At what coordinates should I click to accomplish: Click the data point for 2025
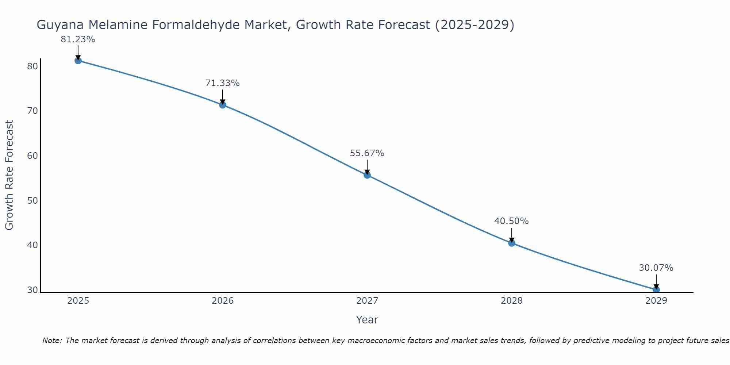pyautogui.click(x=78, y=61)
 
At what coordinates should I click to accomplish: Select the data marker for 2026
pyautogui.click(x=223, y=105)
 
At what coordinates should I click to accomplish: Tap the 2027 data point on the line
pyautogui.click(x=367, y=175)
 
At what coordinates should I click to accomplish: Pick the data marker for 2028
pyautogui.click(x=512, y=243)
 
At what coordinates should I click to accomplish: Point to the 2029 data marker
pyautogui.click(x=656, y=290)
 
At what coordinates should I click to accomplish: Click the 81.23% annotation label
pyautogui.click(x=78, y=39)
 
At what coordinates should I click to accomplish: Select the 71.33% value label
pyautogui.click(x=222, y=83)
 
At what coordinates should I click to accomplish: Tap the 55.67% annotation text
pyautogui.click(x=367, y=153)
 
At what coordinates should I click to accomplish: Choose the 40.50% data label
pyautogui.click(x=511, y=221)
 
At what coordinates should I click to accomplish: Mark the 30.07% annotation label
pyautogui.click(x=656, y=268)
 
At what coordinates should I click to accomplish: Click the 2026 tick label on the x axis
pyautogui.click(x=223, y=301)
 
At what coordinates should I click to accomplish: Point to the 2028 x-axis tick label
pyautogui.click(x=512, y=301)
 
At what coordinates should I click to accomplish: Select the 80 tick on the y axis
pyautogui.click(x=32, y=66)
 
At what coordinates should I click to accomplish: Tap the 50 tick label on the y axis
pyautogui.click(x=32, y=201)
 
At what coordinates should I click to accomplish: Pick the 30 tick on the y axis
pyautogui.click(x=32, y=290)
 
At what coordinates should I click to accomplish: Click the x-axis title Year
pyautogui.click(x=367, y=320)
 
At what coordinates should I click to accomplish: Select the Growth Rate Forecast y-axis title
pyautogui.click(x=9, y=175)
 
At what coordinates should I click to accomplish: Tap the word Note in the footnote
pyautogui.click(x=52, y=341)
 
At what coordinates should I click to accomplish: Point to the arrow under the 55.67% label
pyautogui.click(x=367, y=167)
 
